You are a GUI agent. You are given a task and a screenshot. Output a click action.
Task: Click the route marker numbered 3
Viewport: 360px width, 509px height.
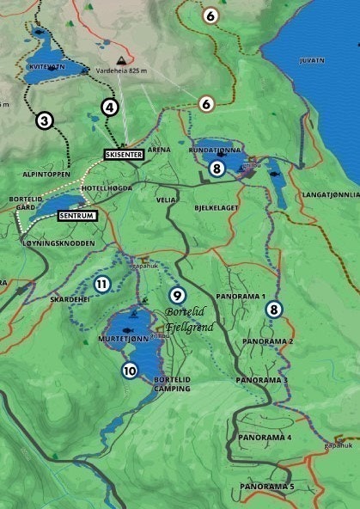point(45,121)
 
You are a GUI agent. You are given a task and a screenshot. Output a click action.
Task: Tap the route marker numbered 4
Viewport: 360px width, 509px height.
point(109,107)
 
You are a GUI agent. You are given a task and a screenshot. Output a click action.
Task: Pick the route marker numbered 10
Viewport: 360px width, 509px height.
point(129,371)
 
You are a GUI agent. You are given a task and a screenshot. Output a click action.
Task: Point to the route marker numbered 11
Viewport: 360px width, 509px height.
point(101,285)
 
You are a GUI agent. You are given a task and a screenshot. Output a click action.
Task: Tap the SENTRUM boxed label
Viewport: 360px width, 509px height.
point(78,215)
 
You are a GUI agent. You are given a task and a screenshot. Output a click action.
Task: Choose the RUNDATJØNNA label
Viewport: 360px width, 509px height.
point(213,149)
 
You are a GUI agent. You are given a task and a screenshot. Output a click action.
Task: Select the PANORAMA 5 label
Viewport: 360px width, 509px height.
point(266,487)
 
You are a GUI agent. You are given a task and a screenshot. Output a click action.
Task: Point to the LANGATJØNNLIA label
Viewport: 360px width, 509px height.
point(330,195)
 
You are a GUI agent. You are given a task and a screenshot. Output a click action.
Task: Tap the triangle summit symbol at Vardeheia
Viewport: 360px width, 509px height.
point(123,59)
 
